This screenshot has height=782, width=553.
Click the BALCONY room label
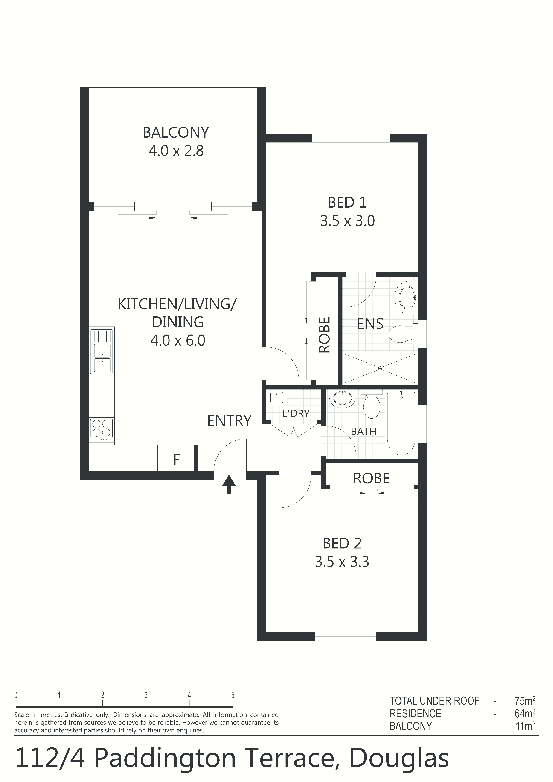pyautogui.click(x=176, y=132)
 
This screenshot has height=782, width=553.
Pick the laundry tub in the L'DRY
pyautogui.click(x=278, y=398)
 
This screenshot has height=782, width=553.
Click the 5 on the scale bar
pyautogui.click(x=233, y=695)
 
